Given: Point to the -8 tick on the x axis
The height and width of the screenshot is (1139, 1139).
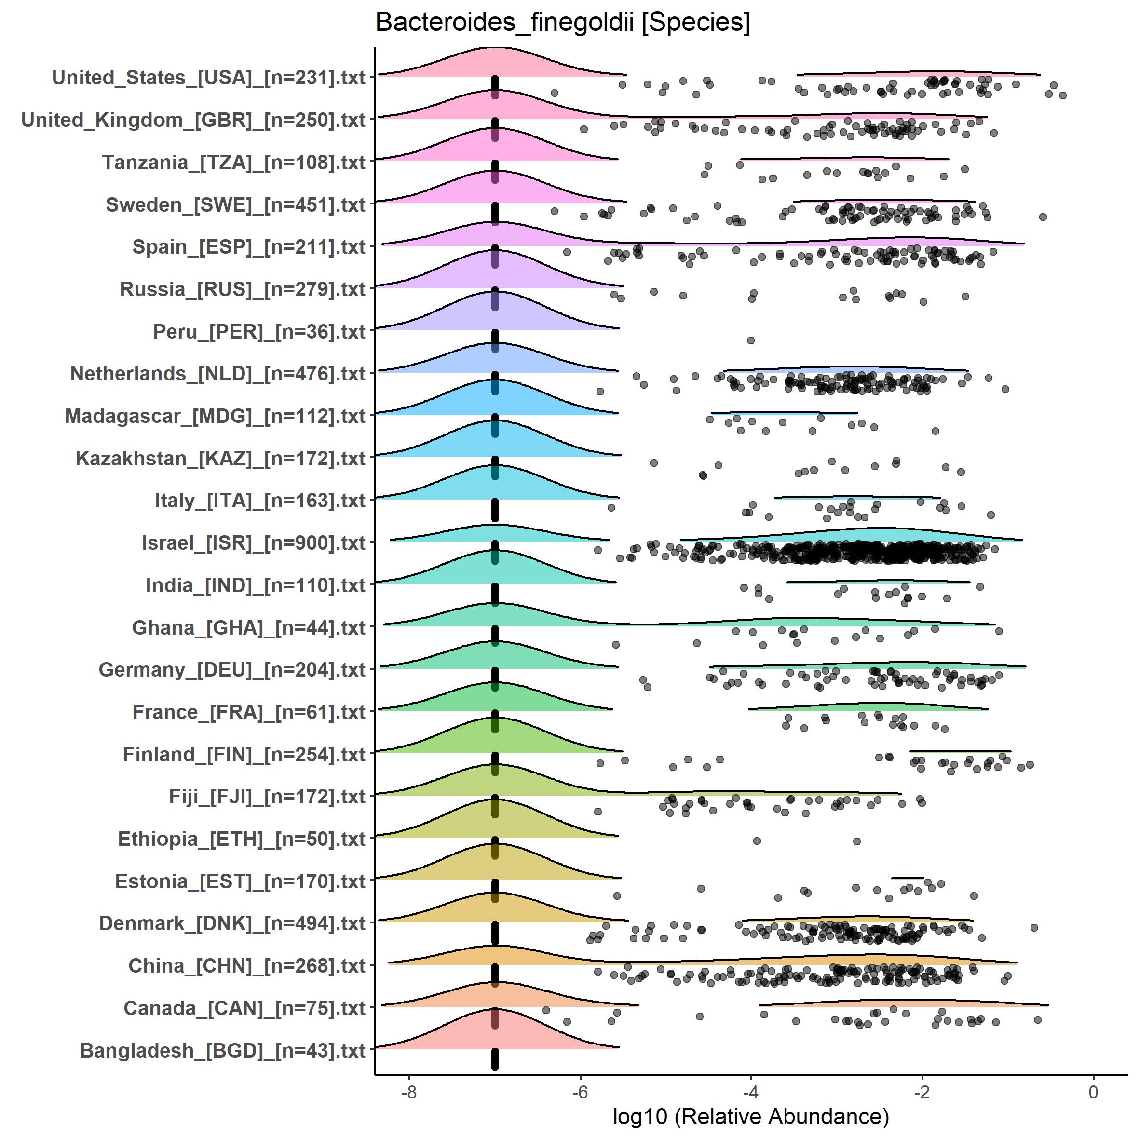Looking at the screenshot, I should (409, 1092).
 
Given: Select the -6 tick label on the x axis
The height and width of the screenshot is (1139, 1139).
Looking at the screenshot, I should (580, 1092).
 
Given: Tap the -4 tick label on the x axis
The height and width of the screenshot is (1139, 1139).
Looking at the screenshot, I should (750, 1092).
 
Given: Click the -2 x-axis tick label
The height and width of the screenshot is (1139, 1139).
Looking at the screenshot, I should (922, 1092).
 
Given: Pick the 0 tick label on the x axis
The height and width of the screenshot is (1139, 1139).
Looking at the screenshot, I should (1093, 1092).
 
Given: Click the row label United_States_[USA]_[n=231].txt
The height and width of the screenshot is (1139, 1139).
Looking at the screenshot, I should (209, 78).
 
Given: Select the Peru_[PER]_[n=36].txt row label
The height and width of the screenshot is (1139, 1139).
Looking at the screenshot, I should (259, 332).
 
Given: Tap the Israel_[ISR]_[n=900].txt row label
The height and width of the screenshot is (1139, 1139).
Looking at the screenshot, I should (254, 543).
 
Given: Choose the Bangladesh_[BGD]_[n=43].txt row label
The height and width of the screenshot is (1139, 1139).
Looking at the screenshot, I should (223, 1051).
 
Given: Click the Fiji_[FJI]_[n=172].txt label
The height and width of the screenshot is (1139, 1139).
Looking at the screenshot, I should (267, 797).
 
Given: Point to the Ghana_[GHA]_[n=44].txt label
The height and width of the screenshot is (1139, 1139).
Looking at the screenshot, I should (249, 628).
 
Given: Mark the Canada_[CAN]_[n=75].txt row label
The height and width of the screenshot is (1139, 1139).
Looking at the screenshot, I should (244, 1008).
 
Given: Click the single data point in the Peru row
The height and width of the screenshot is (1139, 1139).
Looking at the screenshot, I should (750, 340).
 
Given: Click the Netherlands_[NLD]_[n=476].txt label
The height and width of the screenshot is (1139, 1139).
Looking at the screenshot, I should (218, 374).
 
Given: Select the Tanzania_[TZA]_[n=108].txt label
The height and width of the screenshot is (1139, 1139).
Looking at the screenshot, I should (234, 163).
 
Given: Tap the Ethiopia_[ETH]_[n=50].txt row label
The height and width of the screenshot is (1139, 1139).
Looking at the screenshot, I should (242, 839).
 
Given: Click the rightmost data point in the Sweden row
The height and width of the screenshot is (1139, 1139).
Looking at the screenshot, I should (1043, 217).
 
